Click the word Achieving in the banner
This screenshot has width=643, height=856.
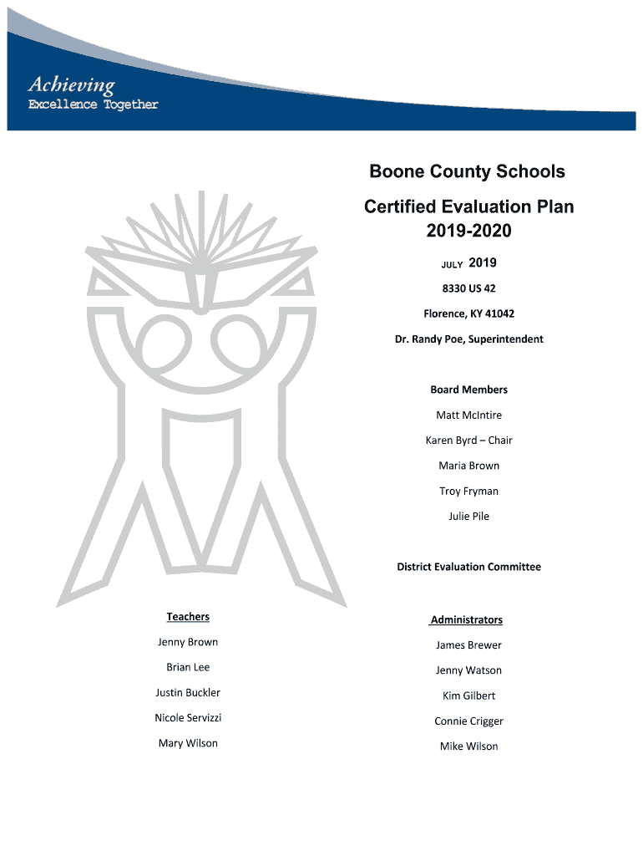pos(71,84)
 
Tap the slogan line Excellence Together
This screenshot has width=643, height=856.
pos(93,104)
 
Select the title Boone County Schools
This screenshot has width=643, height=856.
pos(468,171)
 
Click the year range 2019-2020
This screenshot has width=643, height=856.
pos(468,231)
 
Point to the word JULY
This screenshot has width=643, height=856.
pos(452,265)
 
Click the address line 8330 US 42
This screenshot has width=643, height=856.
pos(468,288)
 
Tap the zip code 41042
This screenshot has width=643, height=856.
pos(498,313)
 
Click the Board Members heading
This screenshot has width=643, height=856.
pos(468,390)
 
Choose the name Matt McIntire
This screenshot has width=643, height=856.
pos(468,415)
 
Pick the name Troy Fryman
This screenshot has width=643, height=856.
pos(468,491)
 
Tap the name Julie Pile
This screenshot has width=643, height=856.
pos(468,516)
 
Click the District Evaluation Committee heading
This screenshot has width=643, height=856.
pos(468,567)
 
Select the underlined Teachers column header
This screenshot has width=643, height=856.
pos(188,617)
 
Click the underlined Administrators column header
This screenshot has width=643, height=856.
pos(467,619)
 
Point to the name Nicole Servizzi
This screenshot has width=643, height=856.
pos(188,718)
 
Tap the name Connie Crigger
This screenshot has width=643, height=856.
pos(468,721)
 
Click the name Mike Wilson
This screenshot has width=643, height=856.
pos(468,746)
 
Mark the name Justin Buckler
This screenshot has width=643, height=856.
pos(188,692)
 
